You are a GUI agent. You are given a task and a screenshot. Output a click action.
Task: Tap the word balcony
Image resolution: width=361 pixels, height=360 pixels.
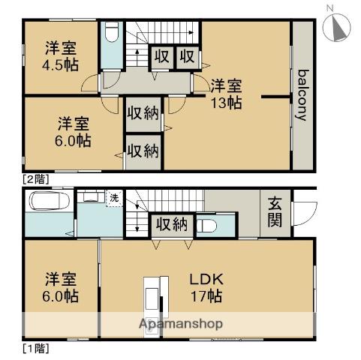pyautogui.click(x=303, y=95)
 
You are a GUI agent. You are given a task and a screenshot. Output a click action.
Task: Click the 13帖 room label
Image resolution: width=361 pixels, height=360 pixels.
pyautogui.click(x=225, y=93)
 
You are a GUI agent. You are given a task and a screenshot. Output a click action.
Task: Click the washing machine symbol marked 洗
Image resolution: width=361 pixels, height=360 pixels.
pyautogui.click(x=114, y=199)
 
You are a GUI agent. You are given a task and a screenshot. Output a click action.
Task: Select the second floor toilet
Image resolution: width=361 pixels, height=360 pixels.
pyautogui.click(x=110, y=34)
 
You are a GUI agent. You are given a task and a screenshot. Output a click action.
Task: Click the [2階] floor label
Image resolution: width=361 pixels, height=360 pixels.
pyautogui.click(x=35, y=178)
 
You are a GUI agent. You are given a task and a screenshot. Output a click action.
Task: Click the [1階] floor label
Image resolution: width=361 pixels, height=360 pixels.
pyautogui.click(x=35, y=348)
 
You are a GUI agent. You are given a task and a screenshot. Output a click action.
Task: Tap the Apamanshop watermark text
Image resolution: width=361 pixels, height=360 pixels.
pyautogui.click(x=180, y=324)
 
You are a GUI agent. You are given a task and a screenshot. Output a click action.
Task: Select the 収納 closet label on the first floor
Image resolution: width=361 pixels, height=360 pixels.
pyautogui.click(x=172, y=223)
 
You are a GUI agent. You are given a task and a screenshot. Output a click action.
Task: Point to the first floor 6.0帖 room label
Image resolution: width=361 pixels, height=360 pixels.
pyautogui.click(x=61, y=286)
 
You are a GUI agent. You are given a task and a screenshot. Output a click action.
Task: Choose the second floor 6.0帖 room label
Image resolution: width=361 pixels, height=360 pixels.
pyautogui.click(x=74, y=132)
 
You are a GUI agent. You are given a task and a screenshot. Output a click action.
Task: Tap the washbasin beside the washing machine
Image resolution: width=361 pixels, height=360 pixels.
pyautogui.click(x=93, y=197)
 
